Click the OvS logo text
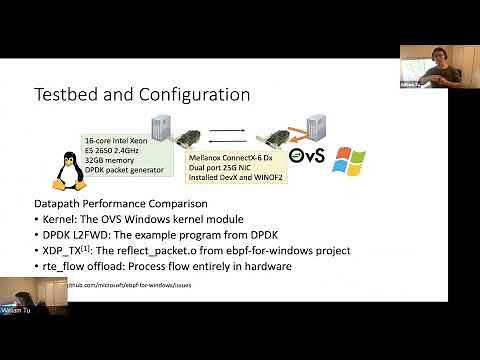(304, 158)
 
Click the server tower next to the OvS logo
(317, 127)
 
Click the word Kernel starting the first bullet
(59, 218)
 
